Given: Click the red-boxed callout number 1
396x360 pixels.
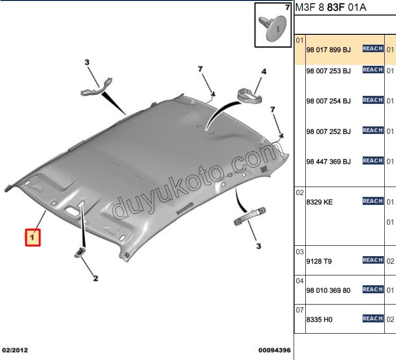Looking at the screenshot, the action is click(x=32, y=237).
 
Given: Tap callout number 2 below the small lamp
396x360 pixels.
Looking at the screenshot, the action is click(x=95, y=278).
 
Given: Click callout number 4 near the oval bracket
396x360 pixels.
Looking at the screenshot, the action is click(x=264, y=72).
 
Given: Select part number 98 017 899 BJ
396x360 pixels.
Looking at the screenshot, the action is click(x=328, y=50).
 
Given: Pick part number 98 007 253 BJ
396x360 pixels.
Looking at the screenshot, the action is click(x=328, y=71).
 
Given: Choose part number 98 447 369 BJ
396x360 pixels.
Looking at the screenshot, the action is click(x=328, y=162).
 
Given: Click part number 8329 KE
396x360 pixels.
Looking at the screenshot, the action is click(x=319, y=202).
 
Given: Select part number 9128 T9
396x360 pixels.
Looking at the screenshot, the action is click(x=319, y=261).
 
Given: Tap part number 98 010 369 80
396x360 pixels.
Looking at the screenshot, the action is click(x=328, y=290).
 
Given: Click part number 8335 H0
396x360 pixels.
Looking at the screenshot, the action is click(x=319, y=320).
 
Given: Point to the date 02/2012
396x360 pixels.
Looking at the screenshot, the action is click(x=15, y=350).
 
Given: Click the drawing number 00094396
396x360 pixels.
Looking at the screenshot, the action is click(x=274, y=350).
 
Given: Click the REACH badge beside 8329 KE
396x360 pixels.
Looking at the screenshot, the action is click(x=373, y=201).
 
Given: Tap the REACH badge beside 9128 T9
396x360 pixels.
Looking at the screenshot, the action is click(x=373, y=260).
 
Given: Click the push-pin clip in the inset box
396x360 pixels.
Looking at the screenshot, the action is click(x=273, y=28).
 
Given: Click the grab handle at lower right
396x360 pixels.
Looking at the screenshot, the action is click(x=249, y=216).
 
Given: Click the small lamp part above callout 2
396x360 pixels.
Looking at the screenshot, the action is click(x=80, y=252).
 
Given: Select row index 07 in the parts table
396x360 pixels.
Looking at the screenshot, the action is click(x=300, y=310).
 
